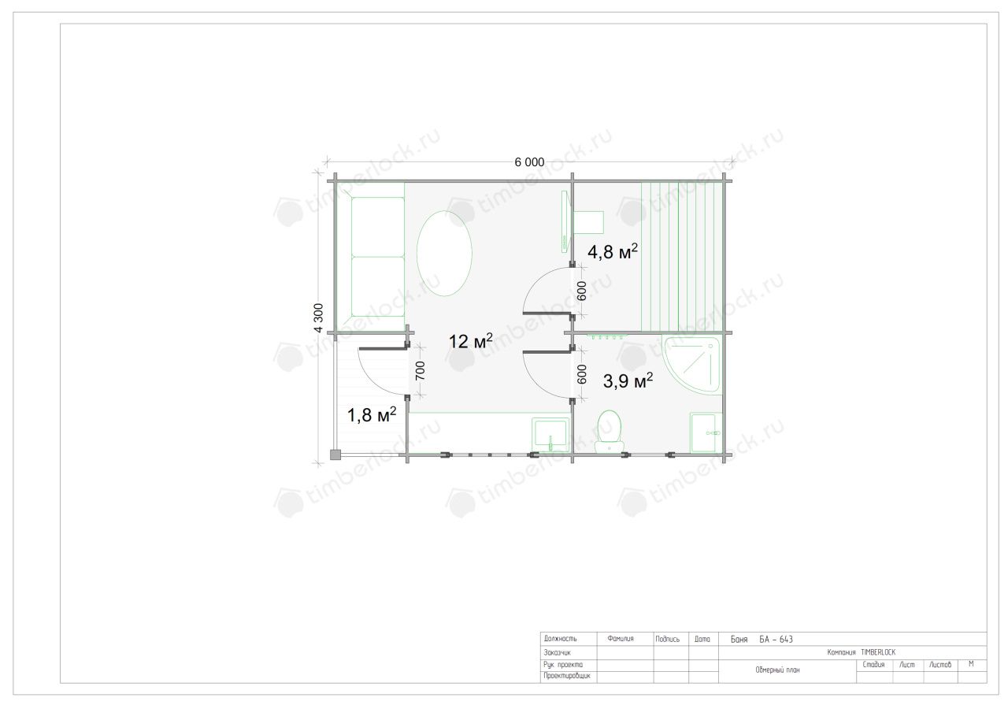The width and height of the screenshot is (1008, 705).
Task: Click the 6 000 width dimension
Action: (x=529, y=162)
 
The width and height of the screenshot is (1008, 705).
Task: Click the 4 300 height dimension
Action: (x=319, y=317)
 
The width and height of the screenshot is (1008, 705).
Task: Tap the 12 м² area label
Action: (x=471, y=341)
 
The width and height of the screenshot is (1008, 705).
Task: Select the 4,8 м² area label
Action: (x=613, y=251)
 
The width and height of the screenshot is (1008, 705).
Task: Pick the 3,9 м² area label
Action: (x=628, y=381)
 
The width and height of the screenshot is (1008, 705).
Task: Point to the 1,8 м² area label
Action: (x=372, y=414)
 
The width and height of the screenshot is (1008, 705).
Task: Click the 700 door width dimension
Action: (x=420, y=371)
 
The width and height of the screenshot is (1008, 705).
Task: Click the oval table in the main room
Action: (x=444, y=254)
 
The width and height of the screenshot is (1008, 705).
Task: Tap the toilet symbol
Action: (x=610, y=432)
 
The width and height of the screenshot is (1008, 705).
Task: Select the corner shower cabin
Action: (x=691, y=365)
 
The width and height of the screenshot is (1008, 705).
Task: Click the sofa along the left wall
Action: (x=372, y=257)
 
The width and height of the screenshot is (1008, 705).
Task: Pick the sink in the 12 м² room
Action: (x=550, y=435)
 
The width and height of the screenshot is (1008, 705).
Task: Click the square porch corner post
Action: (x=335, y=455)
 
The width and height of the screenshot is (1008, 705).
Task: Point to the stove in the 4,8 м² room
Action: (x=588, y=222)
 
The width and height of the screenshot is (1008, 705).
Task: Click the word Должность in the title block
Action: (x=560, y=638)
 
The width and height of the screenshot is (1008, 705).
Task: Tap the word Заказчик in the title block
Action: (x=557, y=652)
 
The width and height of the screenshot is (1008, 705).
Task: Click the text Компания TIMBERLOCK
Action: (x=862, y=652)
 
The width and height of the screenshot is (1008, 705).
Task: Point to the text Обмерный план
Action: (x=777, y=670)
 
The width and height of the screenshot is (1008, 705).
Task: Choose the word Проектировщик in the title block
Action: (x=567, y=676)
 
